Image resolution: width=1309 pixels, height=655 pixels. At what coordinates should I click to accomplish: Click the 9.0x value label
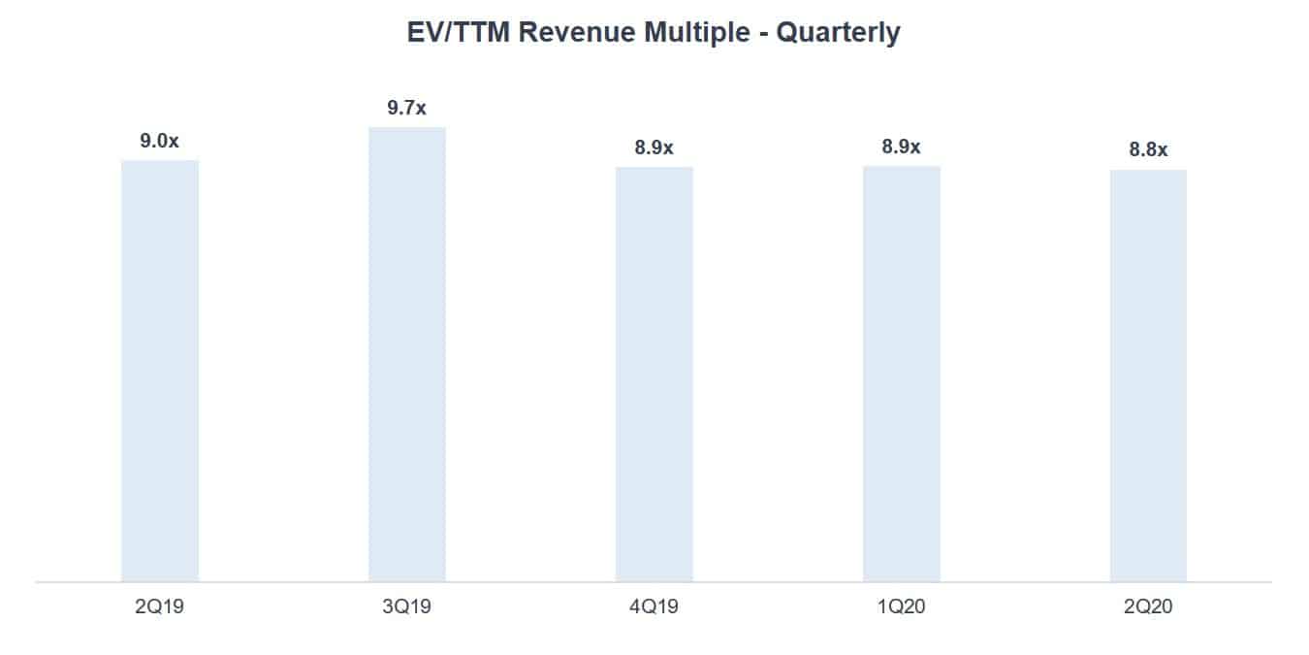tap(160, 141)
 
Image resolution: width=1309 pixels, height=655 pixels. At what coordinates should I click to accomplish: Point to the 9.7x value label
tap(407, 108)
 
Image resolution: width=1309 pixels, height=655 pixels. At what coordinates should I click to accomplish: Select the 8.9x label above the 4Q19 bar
tap(654, 147)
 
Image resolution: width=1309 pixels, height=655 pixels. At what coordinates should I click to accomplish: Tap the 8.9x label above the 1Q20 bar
tap(902, 147)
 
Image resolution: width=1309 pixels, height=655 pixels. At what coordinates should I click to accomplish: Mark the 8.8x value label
tap(1148, 150)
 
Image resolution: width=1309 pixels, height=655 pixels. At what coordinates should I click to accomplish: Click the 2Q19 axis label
tap(160, 607)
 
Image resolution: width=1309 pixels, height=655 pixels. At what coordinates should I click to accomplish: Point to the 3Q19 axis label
tap(407, 607)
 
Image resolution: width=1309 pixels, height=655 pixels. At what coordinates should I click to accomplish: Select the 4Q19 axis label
tap(654, 607)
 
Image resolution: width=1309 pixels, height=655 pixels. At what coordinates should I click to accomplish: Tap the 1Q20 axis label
tap(902, 607)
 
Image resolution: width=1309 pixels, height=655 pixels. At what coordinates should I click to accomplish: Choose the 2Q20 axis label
tap(1148, 607)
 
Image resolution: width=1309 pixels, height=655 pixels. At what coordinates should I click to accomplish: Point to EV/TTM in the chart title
tap(459, 33)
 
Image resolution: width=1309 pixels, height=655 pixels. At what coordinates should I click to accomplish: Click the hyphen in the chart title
tap(762, 34)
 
